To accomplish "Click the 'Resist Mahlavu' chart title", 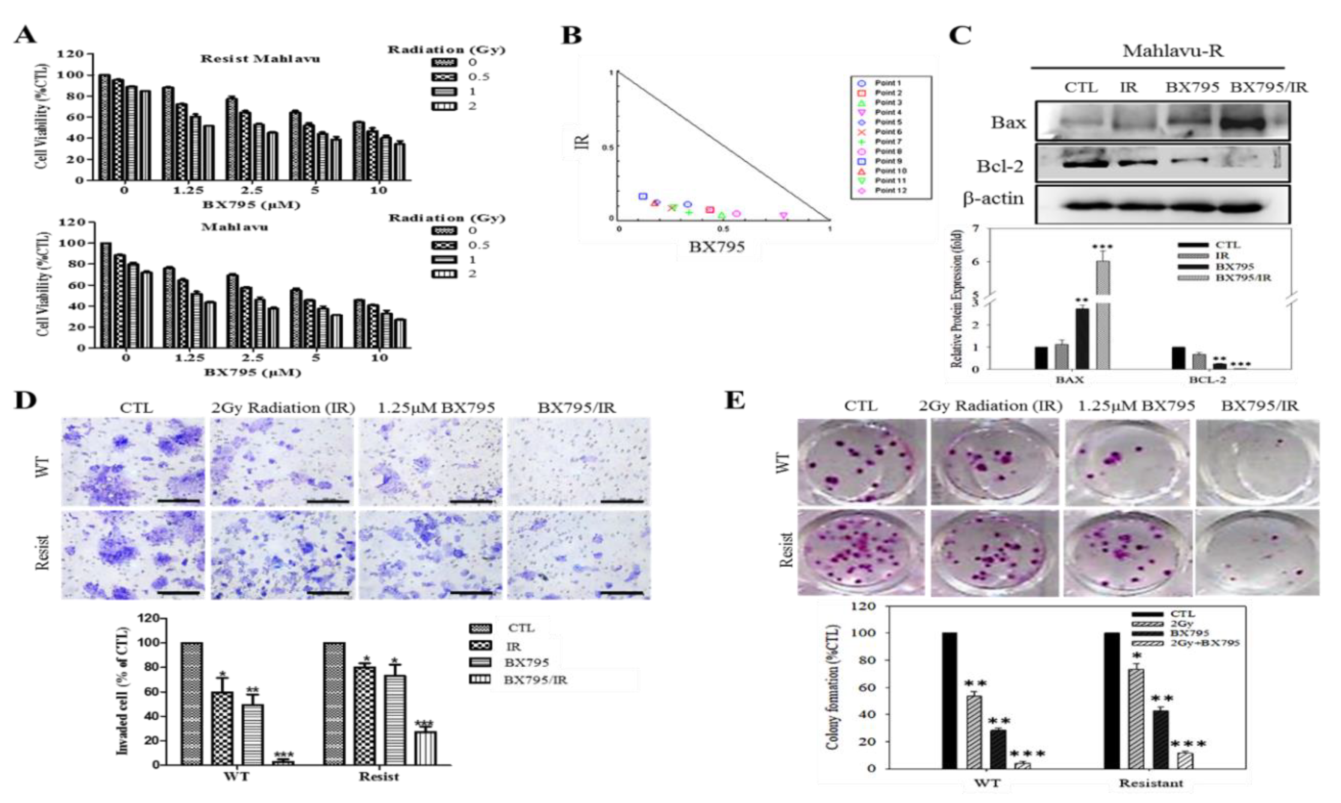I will click(x=260, y=59).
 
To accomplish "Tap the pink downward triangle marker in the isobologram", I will click(x=783, y=215).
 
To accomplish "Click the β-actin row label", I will click(x=993, y=199).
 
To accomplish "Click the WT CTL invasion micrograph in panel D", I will click(x=133, y=461).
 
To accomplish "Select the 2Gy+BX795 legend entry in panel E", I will click(x=1204, y=643).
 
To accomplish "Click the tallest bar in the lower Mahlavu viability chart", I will click(x=106, y=295).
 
